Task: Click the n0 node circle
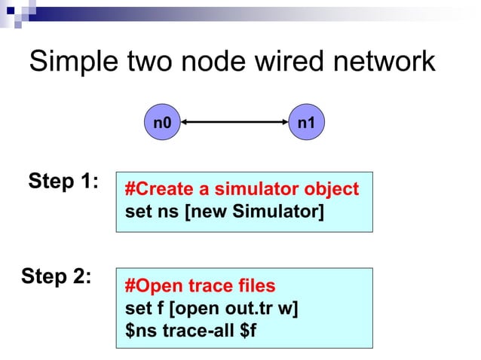(x=162, y=122)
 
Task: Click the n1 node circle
(x=307, y=122)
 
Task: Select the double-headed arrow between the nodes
(x=234, y=122)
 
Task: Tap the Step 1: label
(x=63, y=182)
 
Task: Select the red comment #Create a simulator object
(x=242, y=189)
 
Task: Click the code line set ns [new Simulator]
(x=224, y=211)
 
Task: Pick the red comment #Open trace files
(x=200, y=286)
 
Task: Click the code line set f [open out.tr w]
(x=211, y=308)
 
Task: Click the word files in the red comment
(x=256, y=286)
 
